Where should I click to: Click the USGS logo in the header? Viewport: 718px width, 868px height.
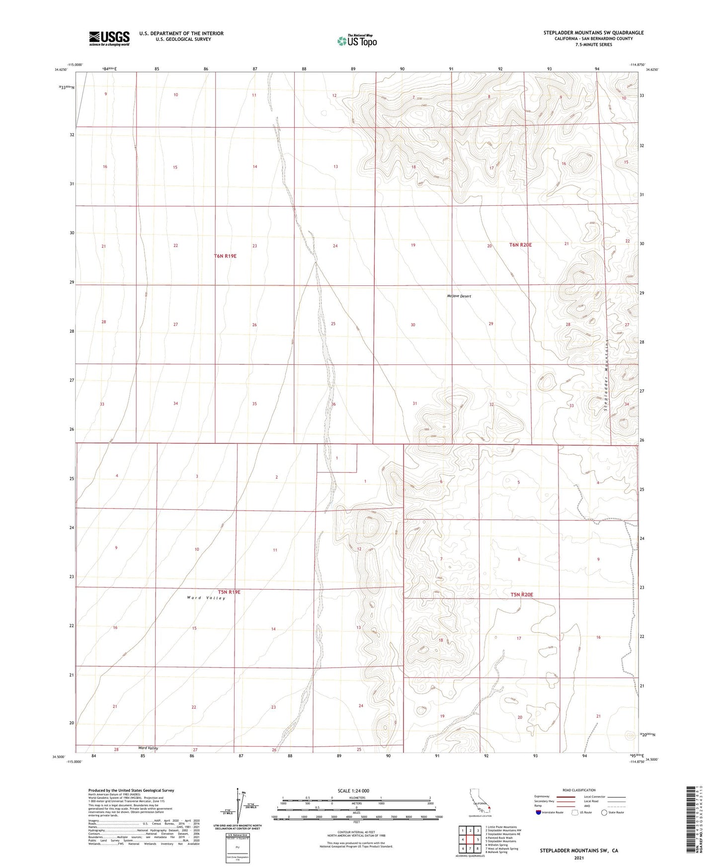click(109, 38)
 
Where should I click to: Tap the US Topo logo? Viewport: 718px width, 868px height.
click(357, 41)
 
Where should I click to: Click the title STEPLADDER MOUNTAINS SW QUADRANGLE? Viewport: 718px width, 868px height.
click(593, 33)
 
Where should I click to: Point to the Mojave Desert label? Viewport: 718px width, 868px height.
click(459, 296)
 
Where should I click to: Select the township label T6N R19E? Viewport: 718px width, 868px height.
click(225, 256)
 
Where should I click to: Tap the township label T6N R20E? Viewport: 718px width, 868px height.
click(520, 245)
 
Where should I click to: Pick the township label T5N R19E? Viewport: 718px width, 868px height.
click(229, 592)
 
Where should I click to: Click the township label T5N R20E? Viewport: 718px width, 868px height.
click(521, 595)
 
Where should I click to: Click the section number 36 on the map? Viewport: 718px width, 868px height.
click(333, 404)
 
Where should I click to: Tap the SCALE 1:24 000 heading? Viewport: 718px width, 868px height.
click(353, 790)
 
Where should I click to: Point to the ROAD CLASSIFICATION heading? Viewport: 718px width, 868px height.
click(579, 790)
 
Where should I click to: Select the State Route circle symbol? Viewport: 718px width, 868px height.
click(604, 812)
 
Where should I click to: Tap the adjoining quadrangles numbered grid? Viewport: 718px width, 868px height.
click(470, 840)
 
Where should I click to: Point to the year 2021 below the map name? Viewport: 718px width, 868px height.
click(578, 858)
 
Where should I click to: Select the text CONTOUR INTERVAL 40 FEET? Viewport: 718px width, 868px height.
click(353, 832)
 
